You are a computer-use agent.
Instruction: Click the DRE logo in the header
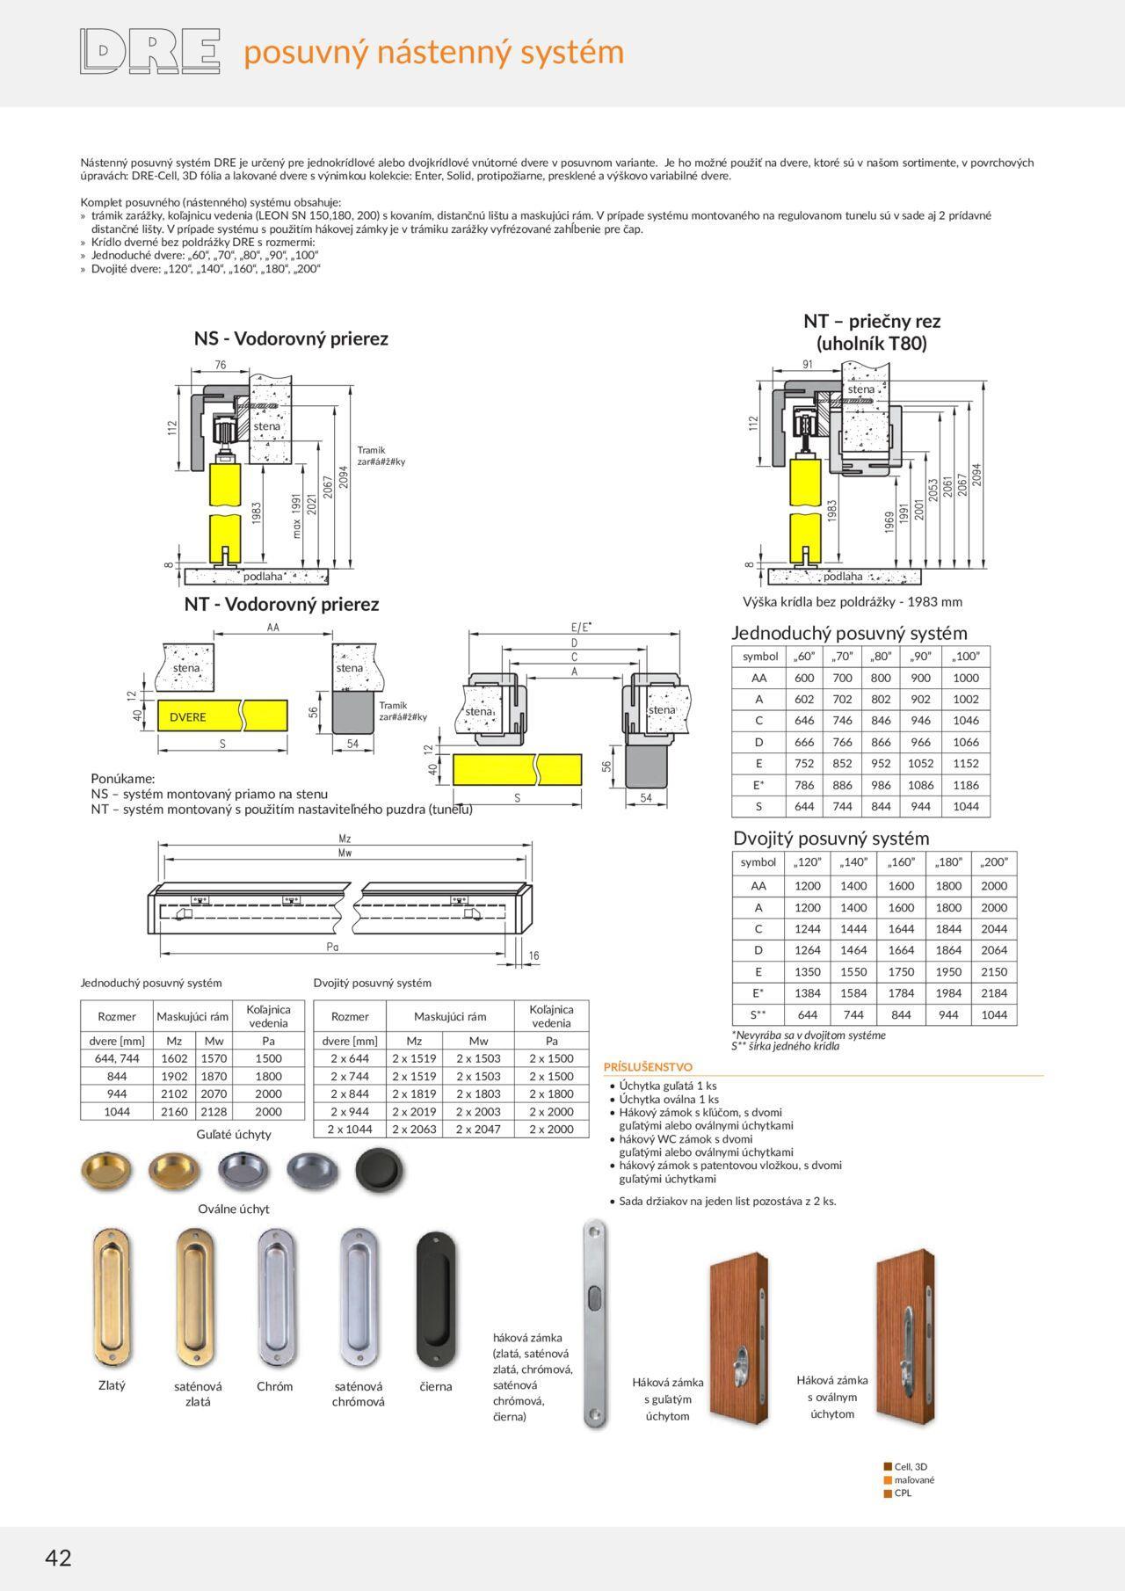(x=149, y=51)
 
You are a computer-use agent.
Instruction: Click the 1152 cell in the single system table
(x=965, y=763)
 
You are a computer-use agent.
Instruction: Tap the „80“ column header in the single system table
(x=881, y=656)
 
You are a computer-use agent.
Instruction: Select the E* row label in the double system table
(x=758, y=992)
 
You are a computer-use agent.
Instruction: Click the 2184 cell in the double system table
(x=994, y=992)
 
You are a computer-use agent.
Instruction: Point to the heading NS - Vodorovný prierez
(x=291, y=338)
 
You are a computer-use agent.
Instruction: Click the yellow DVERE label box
(x=188, y=716)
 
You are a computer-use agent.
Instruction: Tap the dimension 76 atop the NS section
(x=220, y=365)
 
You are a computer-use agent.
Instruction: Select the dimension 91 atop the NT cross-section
(x=808, y=364)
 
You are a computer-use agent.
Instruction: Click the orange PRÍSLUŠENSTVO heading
(x=648, y=1066)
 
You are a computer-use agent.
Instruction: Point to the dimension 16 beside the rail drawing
(x=533, y=955)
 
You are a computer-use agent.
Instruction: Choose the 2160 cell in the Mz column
(x=174, y=1111)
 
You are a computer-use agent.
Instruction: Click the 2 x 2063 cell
(x=414, y=1129)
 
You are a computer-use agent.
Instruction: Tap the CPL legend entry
(x=903, y=1493)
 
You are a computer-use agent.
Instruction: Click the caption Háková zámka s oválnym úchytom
(x=831, y=1396)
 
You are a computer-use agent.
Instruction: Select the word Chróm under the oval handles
(x=274, y=1386)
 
